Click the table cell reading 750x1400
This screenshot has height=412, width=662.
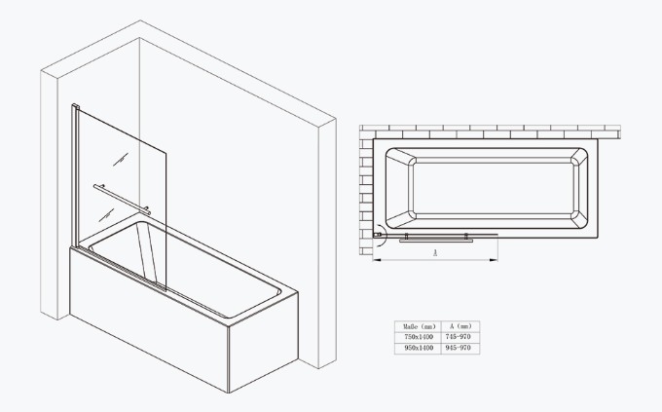coord(417,337)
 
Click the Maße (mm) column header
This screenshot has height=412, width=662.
coord(417,325)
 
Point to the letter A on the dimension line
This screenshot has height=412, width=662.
coord(434,252)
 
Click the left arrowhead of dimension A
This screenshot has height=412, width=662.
coord(377,258)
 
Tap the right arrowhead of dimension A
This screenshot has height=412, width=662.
coord(496,258)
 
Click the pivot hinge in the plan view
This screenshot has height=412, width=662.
coord(379,234)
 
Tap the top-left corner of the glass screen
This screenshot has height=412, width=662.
coord(77,106)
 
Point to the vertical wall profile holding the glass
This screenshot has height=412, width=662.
coord(75,175)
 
